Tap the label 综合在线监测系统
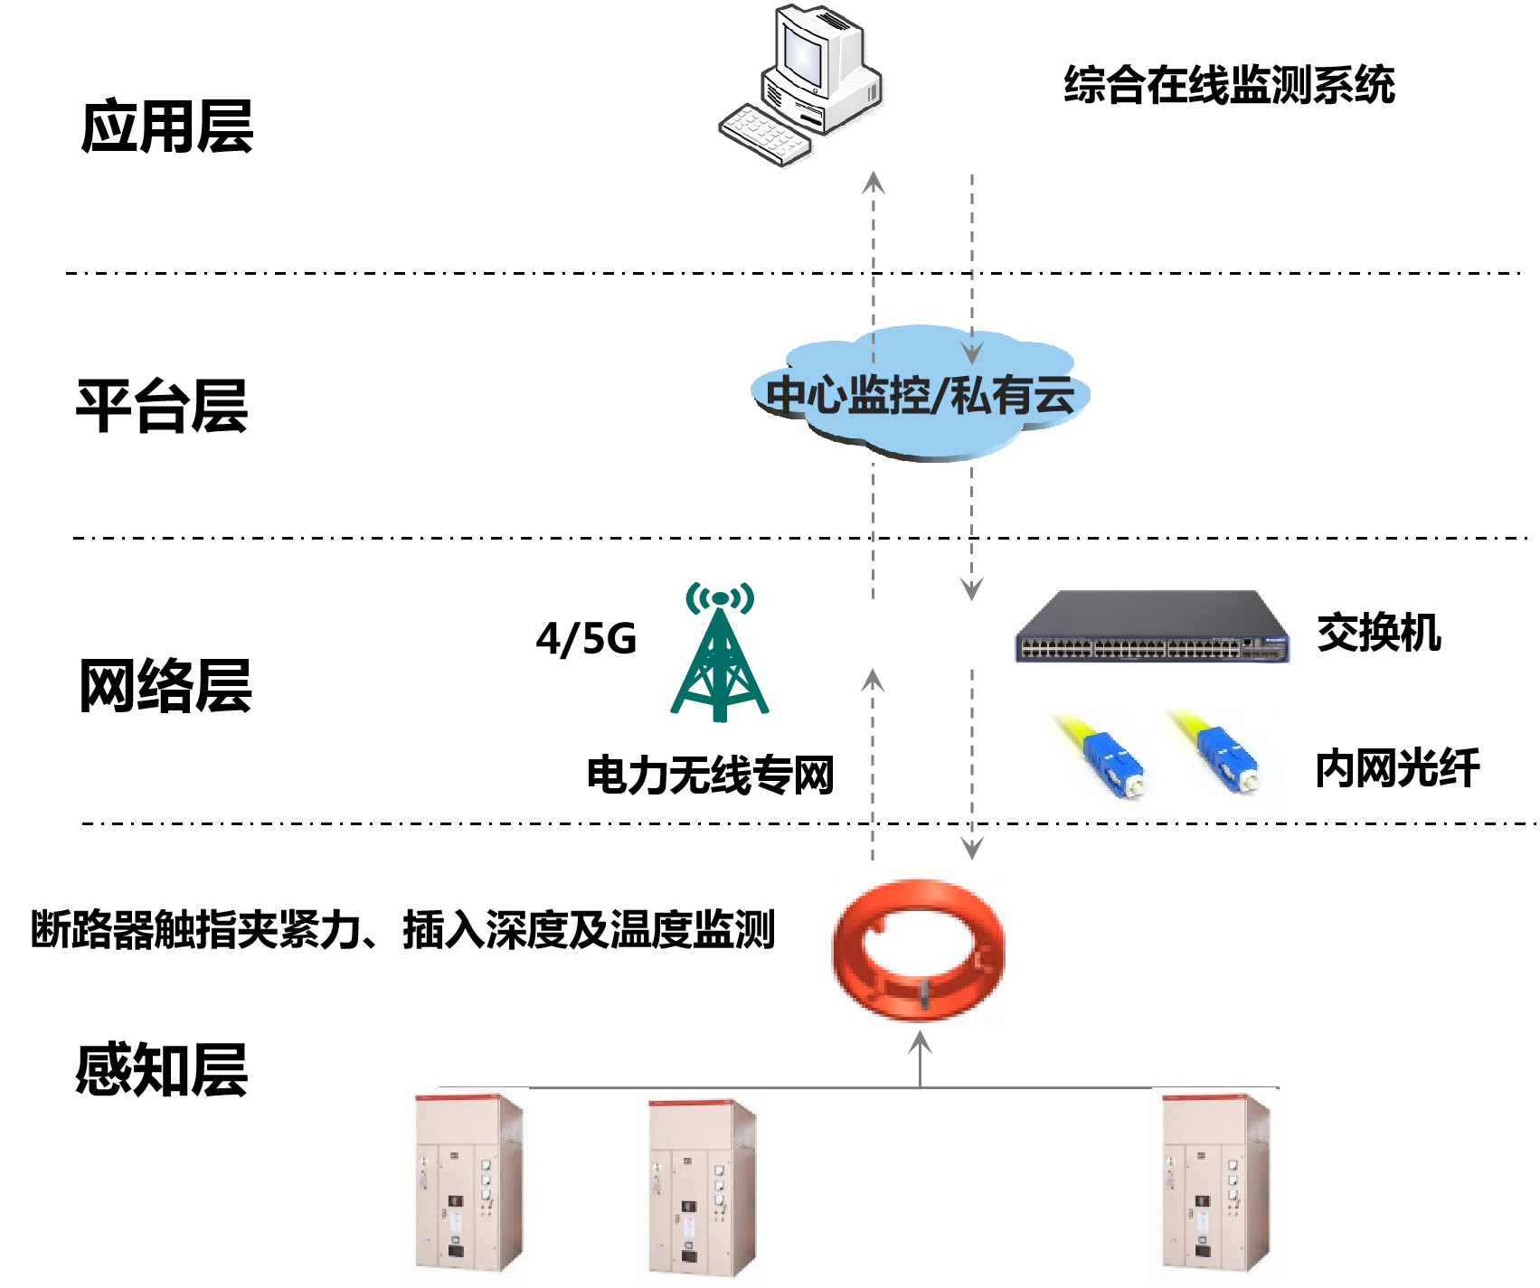pyautogui.click(x=1229, y=86)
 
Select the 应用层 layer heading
pyautogui.click(x=167, y=127)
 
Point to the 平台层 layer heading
pyautogui.click(x=162, y=407)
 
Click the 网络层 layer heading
pyautogui.click(x=165, y=686)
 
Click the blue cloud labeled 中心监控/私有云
pyautogui.click(x=921, y=395)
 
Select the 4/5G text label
pyautogui.click(x=586, y=639)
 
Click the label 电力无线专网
pyautogui.click(x=710, y=776)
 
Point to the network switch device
pyautogui.click(x=1152, y=627)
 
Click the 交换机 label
pyautogui.click(x=1378, y=632)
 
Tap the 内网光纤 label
pyautogui.click(x=1397, y=769)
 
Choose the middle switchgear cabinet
pyautogui.click(x=703, y=1189)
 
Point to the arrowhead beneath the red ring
pyautogui.click(x=920, y=1041)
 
